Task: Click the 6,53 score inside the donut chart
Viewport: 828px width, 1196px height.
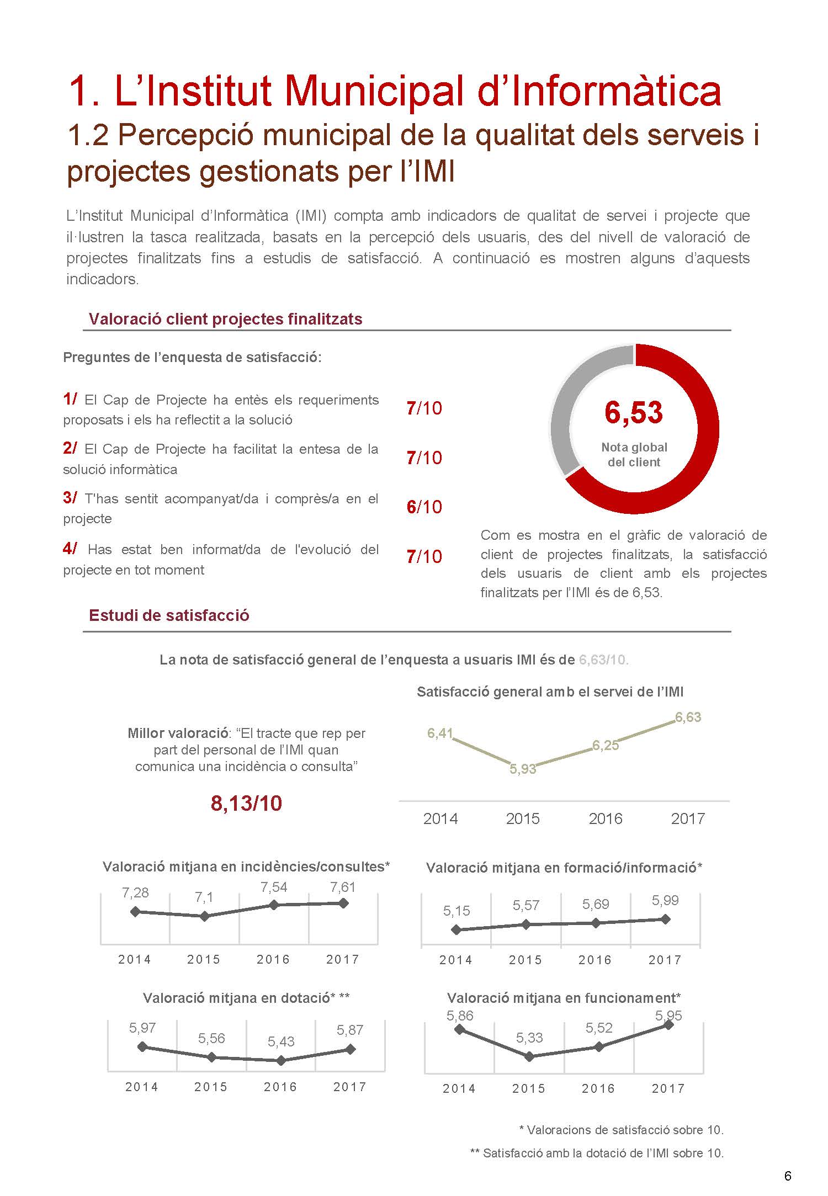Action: point(634,412)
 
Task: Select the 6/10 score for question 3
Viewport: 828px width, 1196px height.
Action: point(424,507)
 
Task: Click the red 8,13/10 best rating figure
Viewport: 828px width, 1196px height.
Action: point(246,804)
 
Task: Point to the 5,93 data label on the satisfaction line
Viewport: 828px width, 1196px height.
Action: point(522,769)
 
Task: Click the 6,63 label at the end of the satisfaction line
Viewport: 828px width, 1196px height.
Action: point(688,717)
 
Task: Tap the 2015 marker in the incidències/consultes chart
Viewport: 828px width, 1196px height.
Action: point(204,916)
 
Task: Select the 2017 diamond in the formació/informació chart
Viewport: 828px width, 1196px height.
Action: point(665,919)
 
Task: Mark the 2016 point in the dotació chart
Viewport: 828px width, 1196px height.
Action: point(281,1060)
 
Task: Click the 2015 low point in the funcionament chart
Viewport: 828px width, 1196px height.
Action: point(529,1056)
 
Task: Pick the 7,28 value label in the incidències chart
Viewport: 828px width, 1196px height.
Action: point(135,892)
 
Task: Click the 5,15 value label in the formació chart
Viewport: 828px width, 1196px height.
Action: point(457,911)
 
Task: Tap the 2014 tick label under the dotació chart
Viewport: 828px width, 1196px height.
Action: point(142,1087)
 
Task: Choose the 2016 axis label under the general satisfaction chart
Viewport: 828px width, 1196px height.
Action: point(606,818)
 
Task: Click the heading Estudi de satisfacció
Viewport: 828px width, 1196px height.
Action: point(169,615)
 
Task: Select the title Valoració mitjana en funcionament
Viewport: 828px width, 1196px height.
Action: point(563,998)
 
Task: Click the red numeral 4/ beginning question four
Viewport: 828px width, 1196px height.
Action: point(70,549)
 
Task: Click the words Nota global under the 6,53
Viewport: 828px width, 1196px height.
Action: point(634,447)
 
